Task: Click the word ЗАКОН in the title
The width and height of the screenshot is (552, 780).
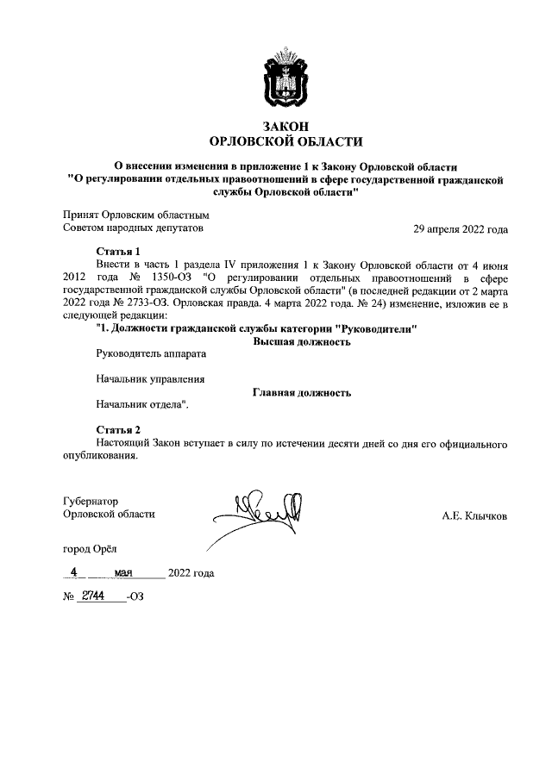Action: (x=286, y=126)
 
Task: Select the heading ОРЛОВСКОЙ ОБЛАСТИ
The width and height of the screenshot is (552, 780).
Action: (x=286, y=141)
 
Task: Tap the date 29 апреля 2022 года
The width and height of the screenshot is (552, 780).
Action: (x=461, y=229)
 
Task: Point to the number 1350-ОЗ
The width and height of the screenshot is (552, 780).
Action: (x=173, y=278)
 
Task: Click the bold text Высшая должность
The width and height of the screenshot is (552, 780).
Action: (x=301, y=342)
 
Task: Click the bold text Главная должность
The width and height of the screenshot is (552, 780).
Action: (x=301, y=392)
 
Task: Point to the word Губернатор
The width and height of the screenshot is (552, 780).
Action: (x=90, y=502)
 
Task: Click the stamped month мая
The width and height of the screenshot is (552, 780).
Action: (x=135, y=571)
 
